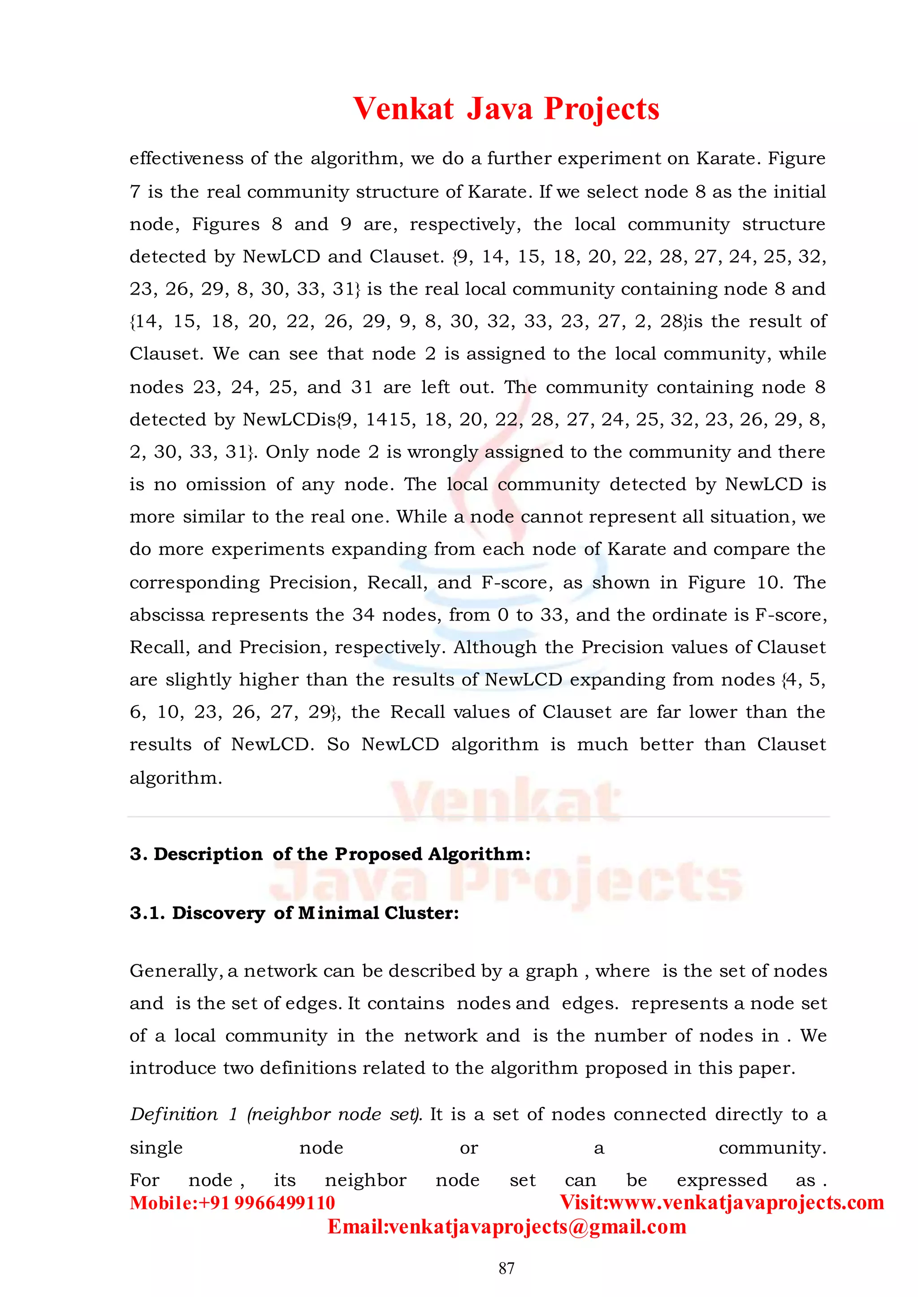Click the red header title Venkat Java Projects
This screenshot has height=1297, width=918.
506,108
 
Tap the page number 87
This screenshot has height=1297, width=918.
507,1268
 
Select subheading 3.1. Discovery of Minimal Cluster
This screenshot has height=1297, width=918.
294,913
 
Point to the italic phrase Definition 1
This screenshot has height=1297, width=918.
184,1115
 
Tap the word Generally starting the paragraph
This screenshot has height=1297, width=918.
175,971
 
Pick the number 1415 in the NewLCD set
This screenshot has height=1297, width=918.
388,420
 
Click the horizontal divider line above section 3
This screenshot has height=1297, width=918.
478,816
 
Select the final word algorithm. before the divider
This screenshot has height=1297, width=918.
175,778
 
